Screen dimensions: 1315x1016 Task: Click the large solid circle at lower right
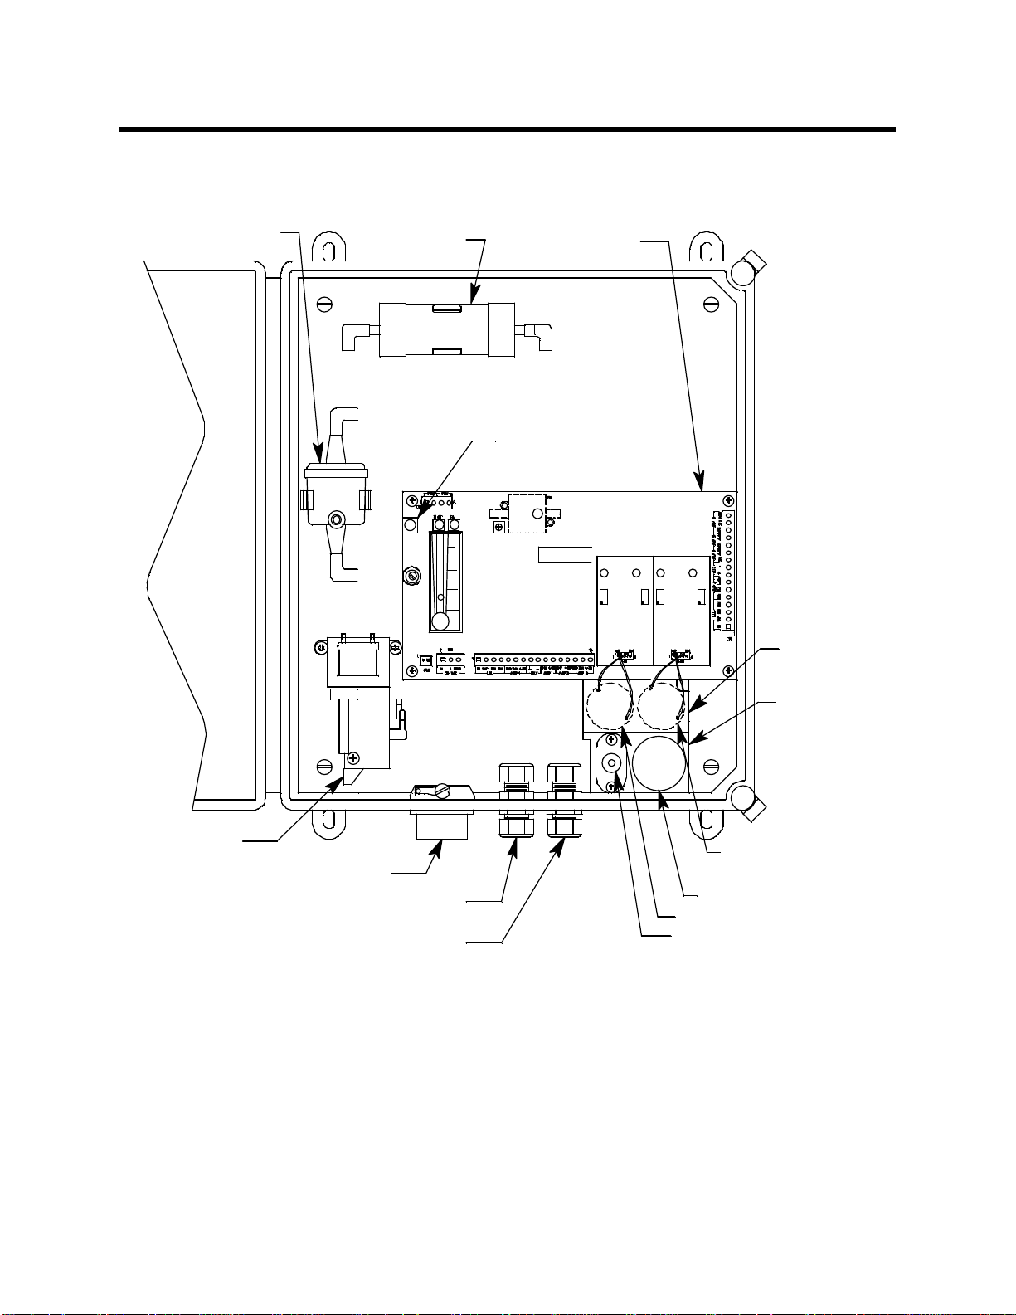pos(659,762)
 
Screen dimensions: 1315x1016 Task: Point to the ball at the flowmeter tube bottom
pos(441,621)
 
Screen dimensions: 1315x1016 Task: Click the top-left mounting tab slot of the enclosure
pos(329,250)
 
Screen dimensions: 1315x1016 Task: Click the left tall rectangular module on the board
pos(625,610)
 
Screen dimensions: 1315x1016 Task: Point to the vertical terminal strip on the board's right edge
pos(729,572)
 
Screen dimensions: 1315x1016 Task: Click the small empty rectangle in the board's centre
pos(565,555)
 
